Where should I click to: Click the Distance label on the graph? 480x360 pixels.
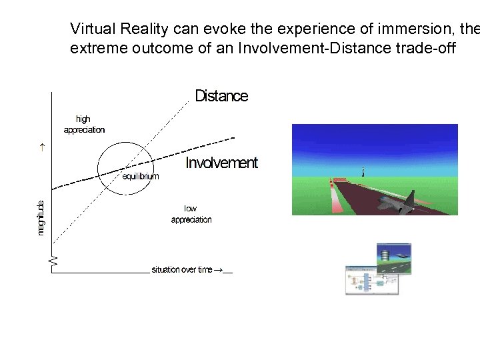click(221, 97)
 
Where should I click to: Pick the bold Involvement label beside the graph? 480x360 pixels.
click(221, 163)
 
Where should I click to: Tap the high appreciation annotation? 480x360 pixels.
click(84, 125)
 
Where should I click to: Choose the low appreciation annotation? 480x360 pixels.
click(191, 214)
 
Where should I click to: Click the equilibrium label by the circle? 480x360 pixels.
click(141, 177)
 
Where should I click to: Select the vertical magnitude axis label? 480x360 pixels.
click(41, 217)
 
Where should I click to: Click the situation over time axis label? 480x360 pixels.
click(181, 269)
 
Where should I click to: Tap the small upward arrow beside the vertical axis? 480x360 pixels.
click(41, 148)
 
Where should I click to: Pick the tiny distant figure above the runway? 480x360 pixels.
click(363, 172)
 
